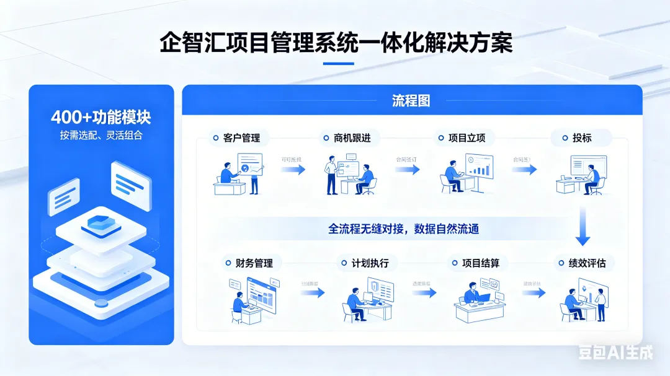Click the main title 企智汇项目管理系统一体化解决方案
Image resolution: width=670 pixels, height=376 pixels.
[x=336, y=43]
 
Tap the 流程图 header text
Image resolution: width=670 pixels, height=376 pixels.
[x=411, y=100]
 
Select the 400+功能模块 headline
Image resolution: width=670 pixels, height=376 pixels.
[x=101, y=117]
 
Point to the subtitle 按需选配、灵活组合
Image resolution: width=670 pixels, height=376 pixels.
[x=101, y=135]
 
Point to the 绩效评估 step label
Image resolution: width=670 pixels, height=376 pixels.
[x=587, y=263]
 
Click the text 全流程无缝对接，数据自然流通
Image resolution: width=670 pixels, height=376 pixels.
[x=403, y=229]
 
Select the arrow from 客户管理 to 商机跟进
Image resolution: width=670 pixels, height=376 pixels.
[x=293, y=169]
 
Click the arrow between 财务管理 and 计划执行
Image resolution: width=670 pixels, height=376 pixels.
[x=313, y=292]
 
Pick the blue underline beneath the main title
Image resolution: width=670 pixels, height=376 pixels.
[x=339, y=63]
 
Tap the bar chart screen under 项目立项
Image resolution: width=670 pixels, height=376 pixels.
[x=479, y=167]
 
